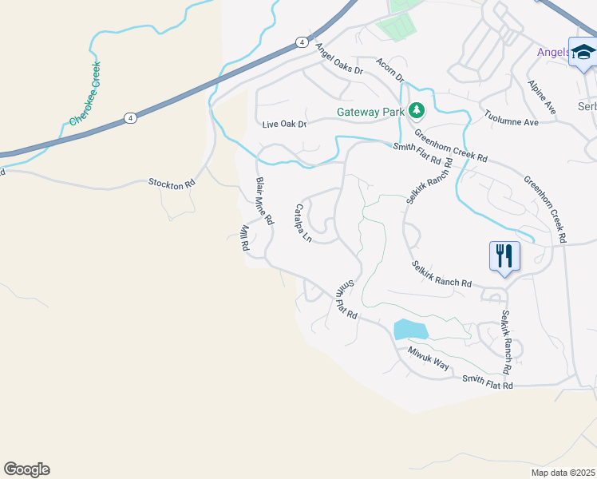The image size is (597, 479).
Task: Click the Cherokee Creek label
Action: (85, 94)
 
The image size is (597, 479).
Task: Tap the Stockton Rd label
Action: (172, 183)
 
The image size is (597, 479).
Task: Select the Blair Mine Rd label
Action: (264, 200)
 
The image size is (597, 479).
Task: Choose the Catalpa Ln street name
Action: (302, 224)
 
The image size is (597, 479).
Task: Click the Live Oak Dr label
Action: (284, 125)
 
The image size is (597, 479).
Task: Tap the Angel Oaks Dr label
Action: (338, 59)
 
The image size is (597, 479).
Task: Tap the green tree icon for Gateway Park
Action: (415, 110)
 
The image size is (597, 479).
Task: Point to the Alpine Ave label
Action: (541, 95)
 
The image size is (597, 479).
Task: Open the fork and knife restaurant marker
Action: (504, 256)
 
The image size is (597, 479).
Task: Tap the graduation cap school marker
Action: (583, 52)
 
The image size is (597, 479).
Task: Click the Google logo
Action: (26, 469)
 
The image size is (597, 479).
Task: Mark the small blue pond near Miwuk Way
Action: (410, 329)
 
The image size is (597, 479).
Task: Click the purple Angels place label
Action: (552, 53)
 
